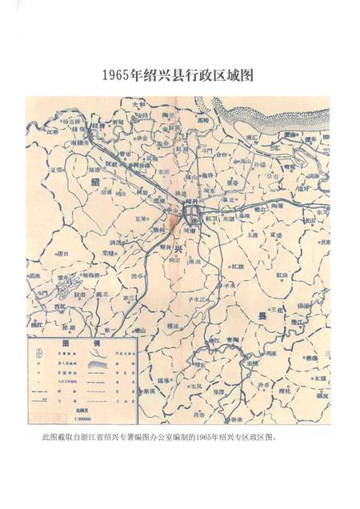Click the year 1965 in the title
tap(118, 77)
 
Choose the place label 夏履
tap(56, 170)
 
